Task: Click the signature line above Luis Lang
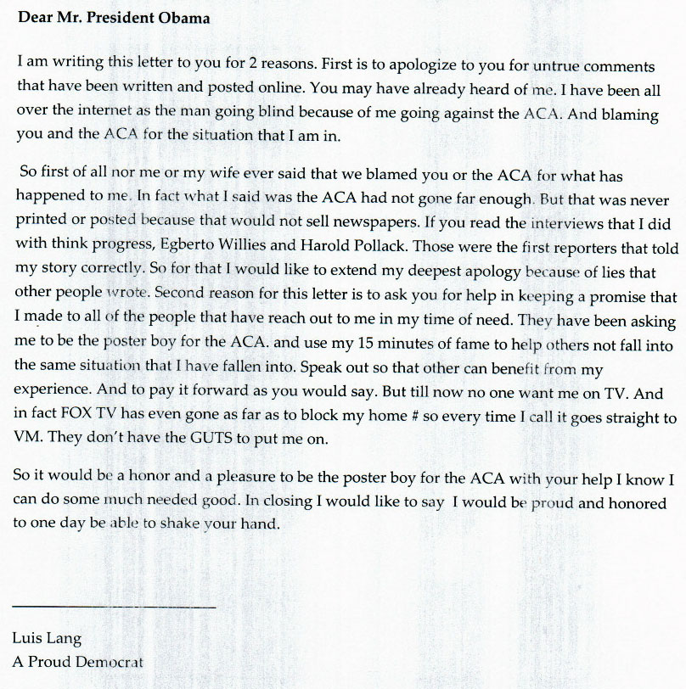(x=114, y=607)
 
